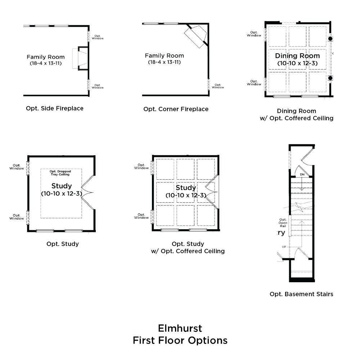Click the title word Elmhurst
[180, 328]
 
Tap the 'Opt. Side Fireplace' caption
[55, 108]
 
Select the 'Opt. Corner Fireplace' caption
[176, 109]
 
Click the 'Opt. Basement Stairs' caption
[301, 294]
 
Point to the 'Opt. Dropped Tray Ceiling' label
[60, 173]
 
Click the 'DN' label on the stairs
[302, 175]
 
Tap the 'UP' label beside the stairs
[284, 247]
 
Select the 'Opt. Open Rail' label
[283, 223]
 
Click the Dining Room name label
[297, 56]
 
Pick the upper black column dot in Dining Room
[330, 39]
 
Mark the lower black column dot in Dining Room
[330, 78]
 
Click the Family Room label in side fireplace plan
[46, 57]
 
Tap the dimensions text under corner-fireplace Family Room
[165, 62]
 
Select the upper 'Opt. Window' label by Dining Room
[254, 34]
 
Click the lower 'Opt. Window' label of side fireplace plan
[98, 86]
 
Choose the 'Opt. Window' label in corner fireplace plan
[218, 86]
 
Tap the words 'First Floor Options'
[180, 341]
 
